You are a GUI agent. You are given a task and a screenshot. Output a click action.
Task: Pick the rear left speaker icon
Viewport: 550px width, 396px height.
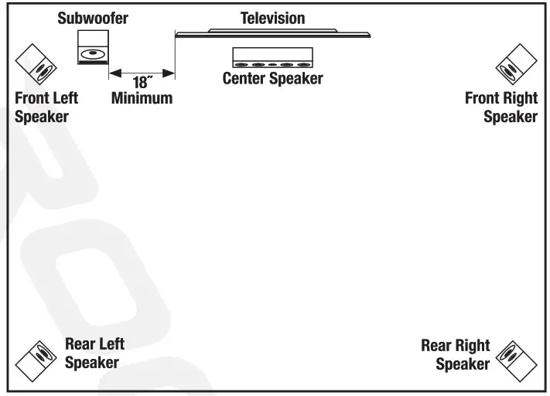point(36,360)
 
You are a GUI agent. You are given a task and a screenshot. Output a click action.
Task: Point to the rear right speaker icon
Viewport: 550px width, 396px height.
point(516,360)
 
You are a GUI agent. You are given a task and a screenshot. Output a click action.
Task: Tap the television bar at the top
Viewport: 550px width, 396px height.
point(272,33)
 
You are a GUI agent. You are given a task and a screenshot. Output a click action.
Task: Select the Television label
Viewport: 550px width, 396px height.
point(272,17)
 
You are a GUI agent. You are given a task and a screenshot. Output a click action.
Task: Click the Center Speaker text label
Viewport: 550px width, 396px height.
point(272,79)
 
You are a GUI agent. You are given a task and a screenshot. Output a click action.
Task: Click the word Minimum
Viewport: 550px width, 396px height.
point(142,99)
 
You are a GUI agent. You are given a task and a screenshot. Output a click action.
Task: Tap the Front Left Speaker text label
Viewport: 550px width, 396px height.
point(46,108)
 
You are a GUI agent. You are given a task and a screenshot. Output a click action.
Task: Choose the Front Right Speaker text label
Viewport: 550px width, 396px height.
point(500,108)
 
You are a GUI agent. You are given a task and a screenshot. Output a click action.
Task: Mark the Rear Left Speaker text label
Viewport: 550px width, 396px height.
point(94,353)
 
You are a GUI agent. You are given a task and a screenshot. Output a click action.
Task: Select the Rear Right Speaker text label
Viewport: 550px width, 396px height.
point(456,355)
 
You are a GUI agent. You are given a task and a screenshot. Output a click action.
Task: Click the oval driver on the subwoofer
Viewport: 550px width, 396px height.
point(91,54)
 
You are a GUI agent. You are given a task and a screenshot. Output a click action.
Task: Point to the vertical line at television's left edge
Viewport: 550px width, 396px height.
point(176,58)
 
